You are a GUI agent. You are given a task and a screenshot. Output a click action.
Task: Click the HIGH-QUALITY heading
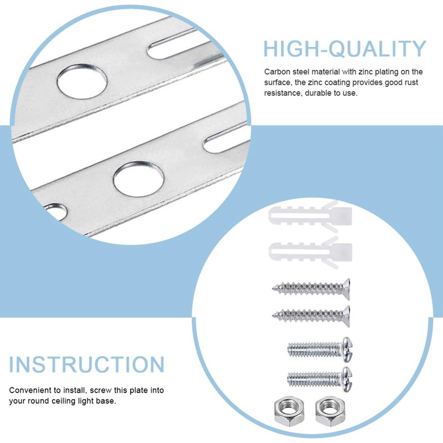pos(345,49)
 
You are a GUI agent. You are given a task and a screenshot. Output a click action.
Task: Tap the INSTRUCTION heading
pos(87,364)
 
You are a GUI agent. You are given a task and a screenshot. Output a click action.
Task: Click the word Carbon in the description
pos(277,72)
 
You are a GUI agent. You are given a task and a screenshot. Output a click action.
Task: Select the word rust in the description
pos(411,83)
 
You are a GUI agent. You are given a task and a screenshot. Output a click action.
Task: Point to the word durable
pos(319,93)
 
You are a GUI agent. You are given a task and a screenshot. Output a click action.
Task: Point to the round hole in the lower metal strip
pos(139,178)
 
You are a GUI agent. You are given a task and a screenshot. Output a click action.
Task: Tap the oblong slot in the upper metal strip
pos(177,45)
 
